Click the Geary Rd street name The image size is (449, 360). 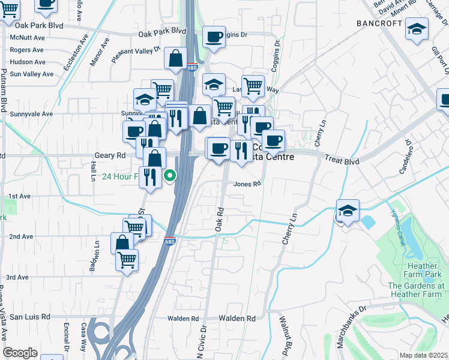coord(110,155)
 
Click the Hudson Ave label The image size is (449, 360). coord(28,62)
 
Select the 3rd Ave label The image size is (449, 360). coord(17,277)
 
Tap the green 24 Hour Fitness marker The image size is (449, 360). coord(170,176)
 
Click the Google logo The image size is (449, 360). coord(20,353)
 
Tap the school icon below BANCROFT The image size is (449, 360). coord(416,29)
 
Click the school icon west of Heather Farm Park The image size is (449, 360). coord(348,211)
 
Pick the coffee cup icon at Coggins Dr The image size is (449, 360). coord(214,37)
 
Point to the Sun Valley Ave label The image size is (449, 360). coord(32,74)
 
